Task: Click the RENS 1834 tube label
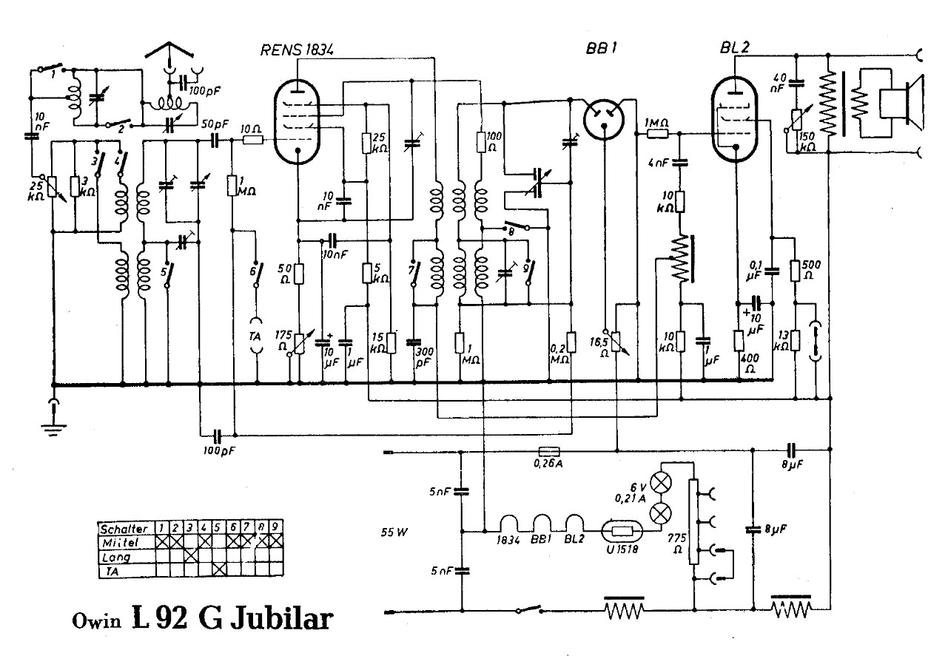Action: (297, 50)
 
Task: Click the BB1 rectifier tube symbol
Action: (602, 118)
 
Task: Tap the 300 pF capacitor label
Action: (424, 357)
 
